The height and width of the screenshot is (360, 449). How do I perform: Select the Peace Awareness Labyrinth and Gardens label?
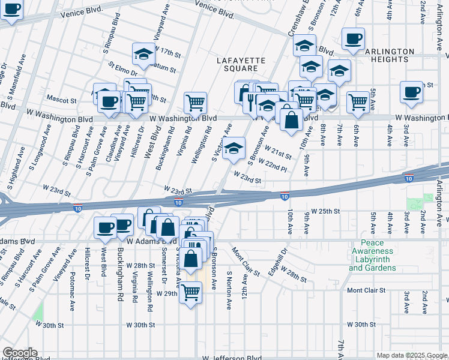372,255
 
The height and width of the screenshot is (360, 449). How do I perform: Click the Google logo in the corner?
20,353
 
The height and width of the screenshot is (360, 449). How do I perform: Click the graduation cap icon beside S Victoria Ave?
234,148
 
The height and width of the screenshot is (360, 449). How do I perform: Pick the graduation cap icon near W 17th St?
144,54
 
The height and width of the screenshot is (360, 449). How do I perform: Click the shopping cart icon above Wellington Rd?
195,103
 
